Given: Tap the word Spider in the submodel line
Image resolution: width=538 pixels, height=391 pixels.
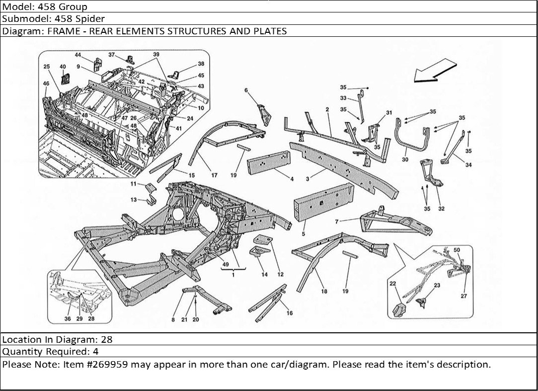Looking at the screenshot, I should pos(90,19).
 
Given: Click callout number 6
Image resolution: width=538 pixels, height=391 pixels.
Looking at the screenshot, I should pos(246,90).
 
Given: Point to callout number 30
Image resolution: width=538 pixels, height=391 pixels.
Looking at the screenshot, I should pos(405,160).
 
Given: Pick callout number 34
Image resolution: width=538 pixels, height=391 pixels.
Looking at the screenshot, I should pos(468,165).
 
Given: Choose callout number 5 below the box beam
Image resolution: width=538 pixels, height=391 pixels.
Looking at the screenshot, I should pos(303,233).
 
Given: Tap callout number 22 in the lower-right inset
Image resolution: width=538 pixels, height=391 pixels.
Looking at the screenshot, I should pos(392,284).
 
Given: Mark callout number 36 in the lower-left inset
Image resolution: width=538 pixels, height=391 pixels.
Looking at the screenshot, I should pos(68,319).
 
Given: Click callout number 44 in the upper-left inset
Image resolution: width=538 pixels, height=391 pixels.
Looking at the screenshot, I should pos(78,55).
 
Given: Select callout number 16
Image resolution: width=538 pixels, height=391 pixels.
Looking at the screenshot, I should pos(289,313).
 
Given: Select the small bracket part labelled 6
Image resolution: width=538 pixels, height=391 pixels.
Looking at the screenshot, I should pos(264,115).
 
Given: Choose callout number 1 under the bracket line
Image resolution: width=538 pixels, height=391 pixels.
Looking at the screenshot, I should pos(233,275).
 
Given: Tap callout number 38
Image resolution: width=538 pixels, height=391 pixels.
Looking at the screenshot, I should pos(201,64).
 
